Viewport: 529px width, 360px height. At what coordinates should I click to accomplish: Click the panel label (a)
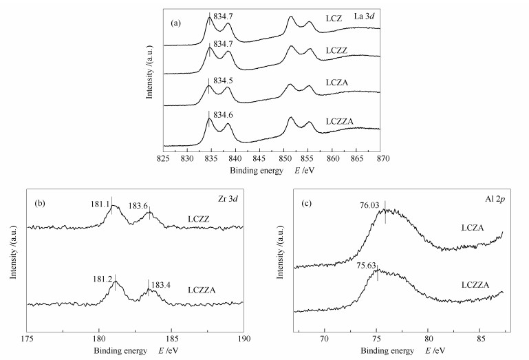pos(176,23)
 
